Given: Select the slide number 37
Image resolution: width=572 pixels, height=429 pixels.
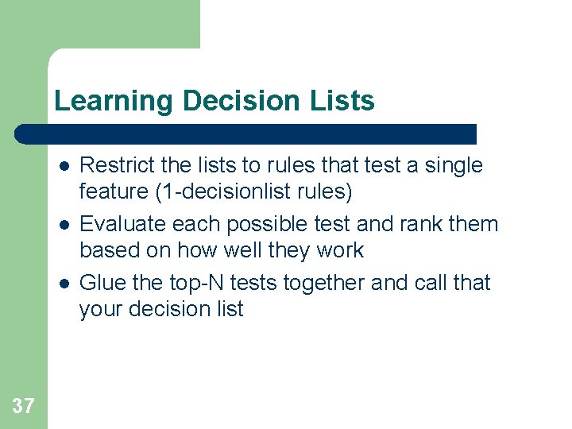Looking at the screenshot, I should pyautogui.click(x=23, y=407).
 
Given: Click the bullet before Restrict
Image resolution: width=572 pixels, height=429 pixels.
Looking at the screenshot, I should pyautogui.click(x=63, y=166).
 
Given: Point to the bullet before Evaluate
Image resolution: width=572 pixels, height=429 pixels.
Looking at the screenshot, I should pyautogui.click(x=63, y=225).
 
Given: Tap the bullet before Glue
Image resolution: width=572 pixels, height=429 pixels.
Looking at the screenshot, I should pyautogui.click(x=63, y=284).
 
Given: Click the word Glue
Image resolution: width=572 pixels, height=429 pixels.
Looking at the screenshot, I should pyautogui.click(x=102, y=283).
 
